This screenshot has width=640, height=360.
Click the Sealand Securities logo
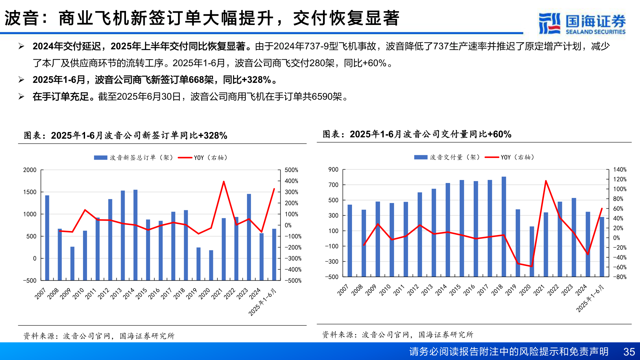click(x=582, y=23)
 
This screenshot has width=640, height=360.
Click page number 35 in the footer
click(x=629, y=352)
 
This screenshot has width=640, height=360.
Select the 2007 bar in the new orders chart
click(x=47, y=237)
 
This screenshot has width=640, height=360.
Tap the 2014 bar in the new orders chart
click(x=135, y=235)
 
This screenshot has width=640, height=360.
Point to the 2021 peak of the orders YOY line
click(x=224, y=182)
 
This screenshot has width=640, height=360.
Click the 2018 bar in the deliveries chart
click(x=504, y=227)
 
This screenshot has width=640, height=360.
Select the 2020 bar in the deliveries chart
click(x=532, y=251)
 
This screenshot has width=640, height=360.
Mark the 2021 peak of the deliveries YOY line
click(x=546, y=181)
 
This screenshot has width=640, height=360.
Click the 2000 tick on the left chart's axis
click(x=30, y=170)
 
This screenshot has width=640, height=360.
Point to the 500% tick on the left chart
click(x=291, y=170)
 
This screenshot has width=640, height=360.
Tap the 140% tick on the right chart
click(x=620, y=170)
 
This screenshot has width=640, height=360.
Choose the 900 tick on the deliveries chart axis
click(x=333, y=170)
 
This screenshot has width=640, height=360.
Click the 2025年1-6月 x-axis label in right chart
click(x=590, y=298)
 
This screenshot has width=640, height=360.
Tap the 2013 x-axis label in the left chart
click(x=116, y=294)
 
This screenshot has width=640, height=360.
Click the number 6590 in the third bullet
click(x=322, y=97)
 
